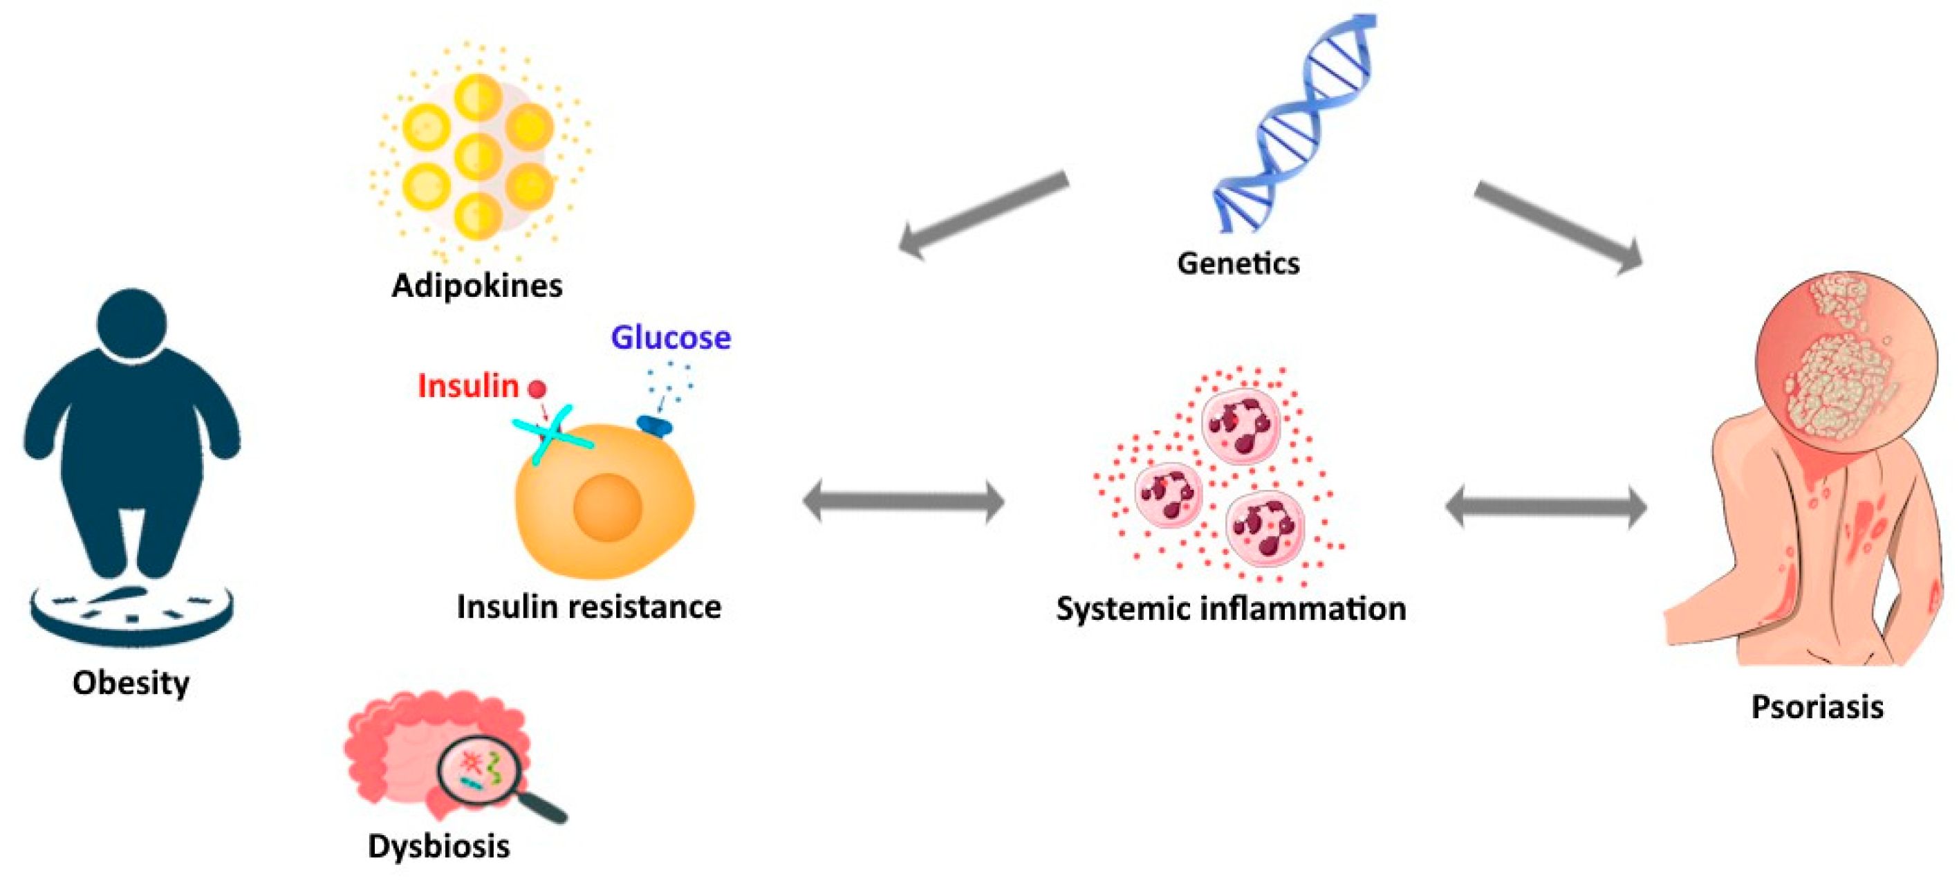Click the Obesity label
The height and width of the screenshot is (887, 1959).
[x=131, y=683]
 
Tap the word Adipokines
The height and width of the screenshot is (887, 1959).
[x=477, y=286]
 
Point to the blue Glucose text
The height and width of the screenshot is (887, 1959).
[x=671, y=338]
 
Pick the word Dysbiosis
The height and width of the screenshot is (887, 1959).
[x=439, y=846]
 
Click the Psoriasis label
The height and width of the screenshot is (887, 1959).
[x=1817, y=706]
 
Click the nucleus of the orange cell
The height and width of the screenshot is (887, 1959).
[x=607, y=506]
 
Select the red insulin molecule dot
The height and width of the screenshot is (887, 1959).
[x=537, y=390]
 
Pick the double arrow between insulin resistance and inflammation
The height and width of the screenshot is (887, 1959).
[x=904, y=502]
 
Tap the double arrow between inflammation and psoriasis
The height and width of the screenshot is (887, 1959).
[x=1545, y=506]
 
